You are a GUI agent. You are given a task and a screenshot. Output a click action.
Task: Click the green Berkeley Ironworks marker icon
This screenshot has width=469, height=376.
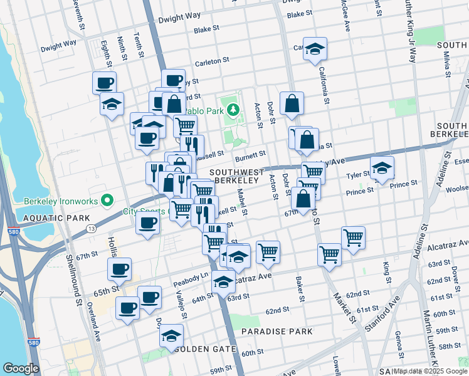click(107, 201)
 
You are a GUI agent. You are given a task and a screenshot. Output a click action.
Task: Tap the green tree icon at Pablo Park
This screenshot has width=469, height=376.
click(233, 110)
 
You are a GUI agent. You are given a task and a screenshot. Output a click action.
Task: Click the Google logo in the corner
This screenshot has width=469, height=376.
click(21, 368)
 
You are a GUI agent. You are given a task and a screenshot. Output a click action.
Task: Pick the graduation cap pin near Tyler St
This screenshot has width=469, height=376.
click(381, 167)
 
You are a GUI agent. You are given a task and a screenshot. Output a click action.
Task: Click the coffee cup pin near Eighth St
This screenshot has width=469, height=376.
click(105, 82)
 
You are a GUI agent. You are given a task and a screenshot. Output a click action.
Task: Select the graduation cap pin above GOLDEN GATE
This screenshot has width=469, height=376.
click(171, 335)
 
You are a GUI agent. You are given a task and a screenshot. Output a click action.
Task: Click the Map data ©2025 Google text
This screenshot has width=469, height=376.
click(431, 371)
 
